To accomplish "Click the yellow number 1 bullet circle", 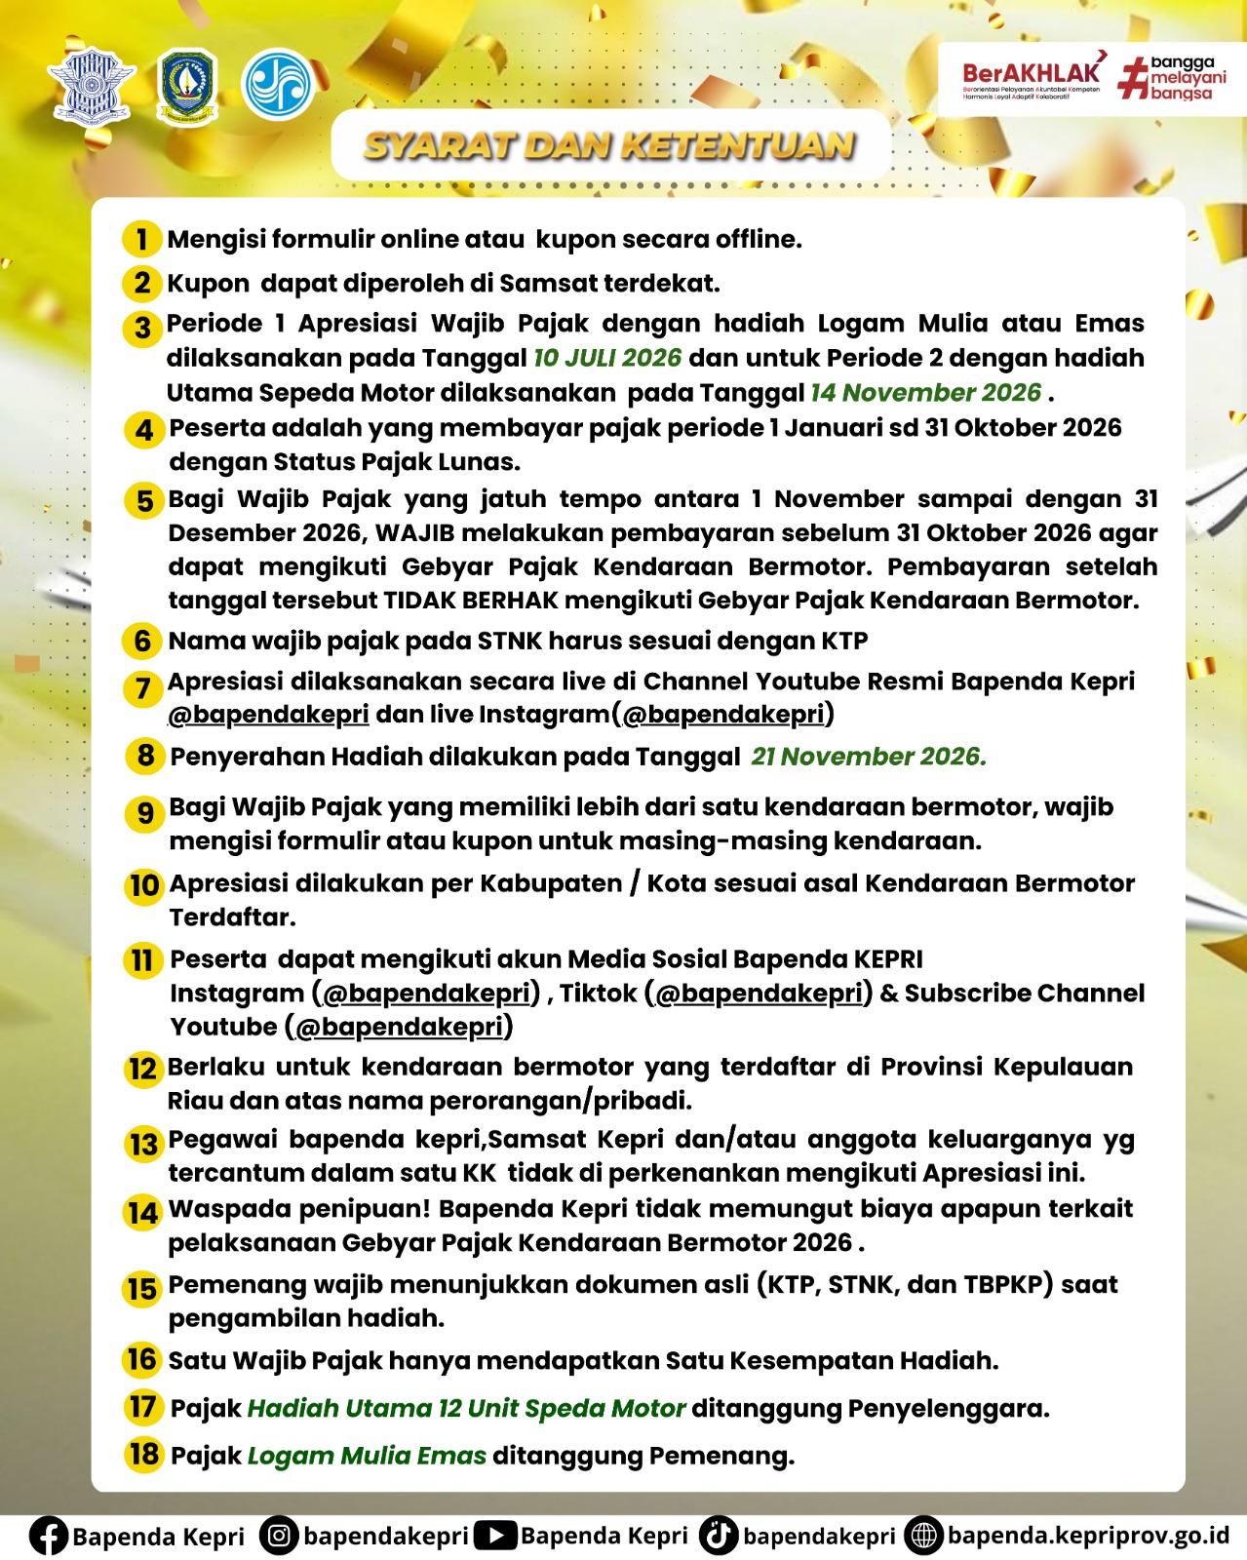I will click(x=142, y=239).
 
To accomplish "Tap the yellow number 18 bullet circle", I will click(x=143, y=1454).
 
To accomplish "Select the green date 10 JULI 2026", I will click(x=606, y=358).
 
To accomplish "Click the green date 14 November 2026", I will click(x=925, y=393).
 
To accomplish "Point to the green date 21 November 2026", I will click(x=868, y=757).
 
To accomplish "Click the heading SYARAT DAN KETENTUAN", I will click(x=610, y=146).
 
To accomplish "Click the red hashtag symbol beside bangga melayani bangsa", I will click(x=1133, y=78).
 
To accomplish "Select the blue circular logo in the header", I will click(x=278, y=85).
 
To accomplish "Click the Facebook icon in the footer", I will click(x=48, y=1536).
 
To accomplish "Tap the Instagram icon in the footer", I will click(x=279, y=1536).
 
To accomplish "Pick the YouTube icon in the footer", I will click(x=495, y=1536).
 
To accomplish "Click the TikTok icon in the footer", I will click(x=718, y=1536).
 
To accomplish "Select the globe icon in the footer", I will click(x=922, y=1536).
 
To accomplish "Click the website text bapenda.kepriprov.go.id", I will click(x=1088, y=1536).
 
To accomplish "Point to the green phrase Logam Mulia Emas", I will click(x=367, y=1456).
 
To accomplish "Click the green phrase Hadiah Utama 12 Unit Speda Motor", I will click(x=467, y=1409).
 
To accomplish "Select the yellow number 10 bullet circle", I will click(x=144, y=885).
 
